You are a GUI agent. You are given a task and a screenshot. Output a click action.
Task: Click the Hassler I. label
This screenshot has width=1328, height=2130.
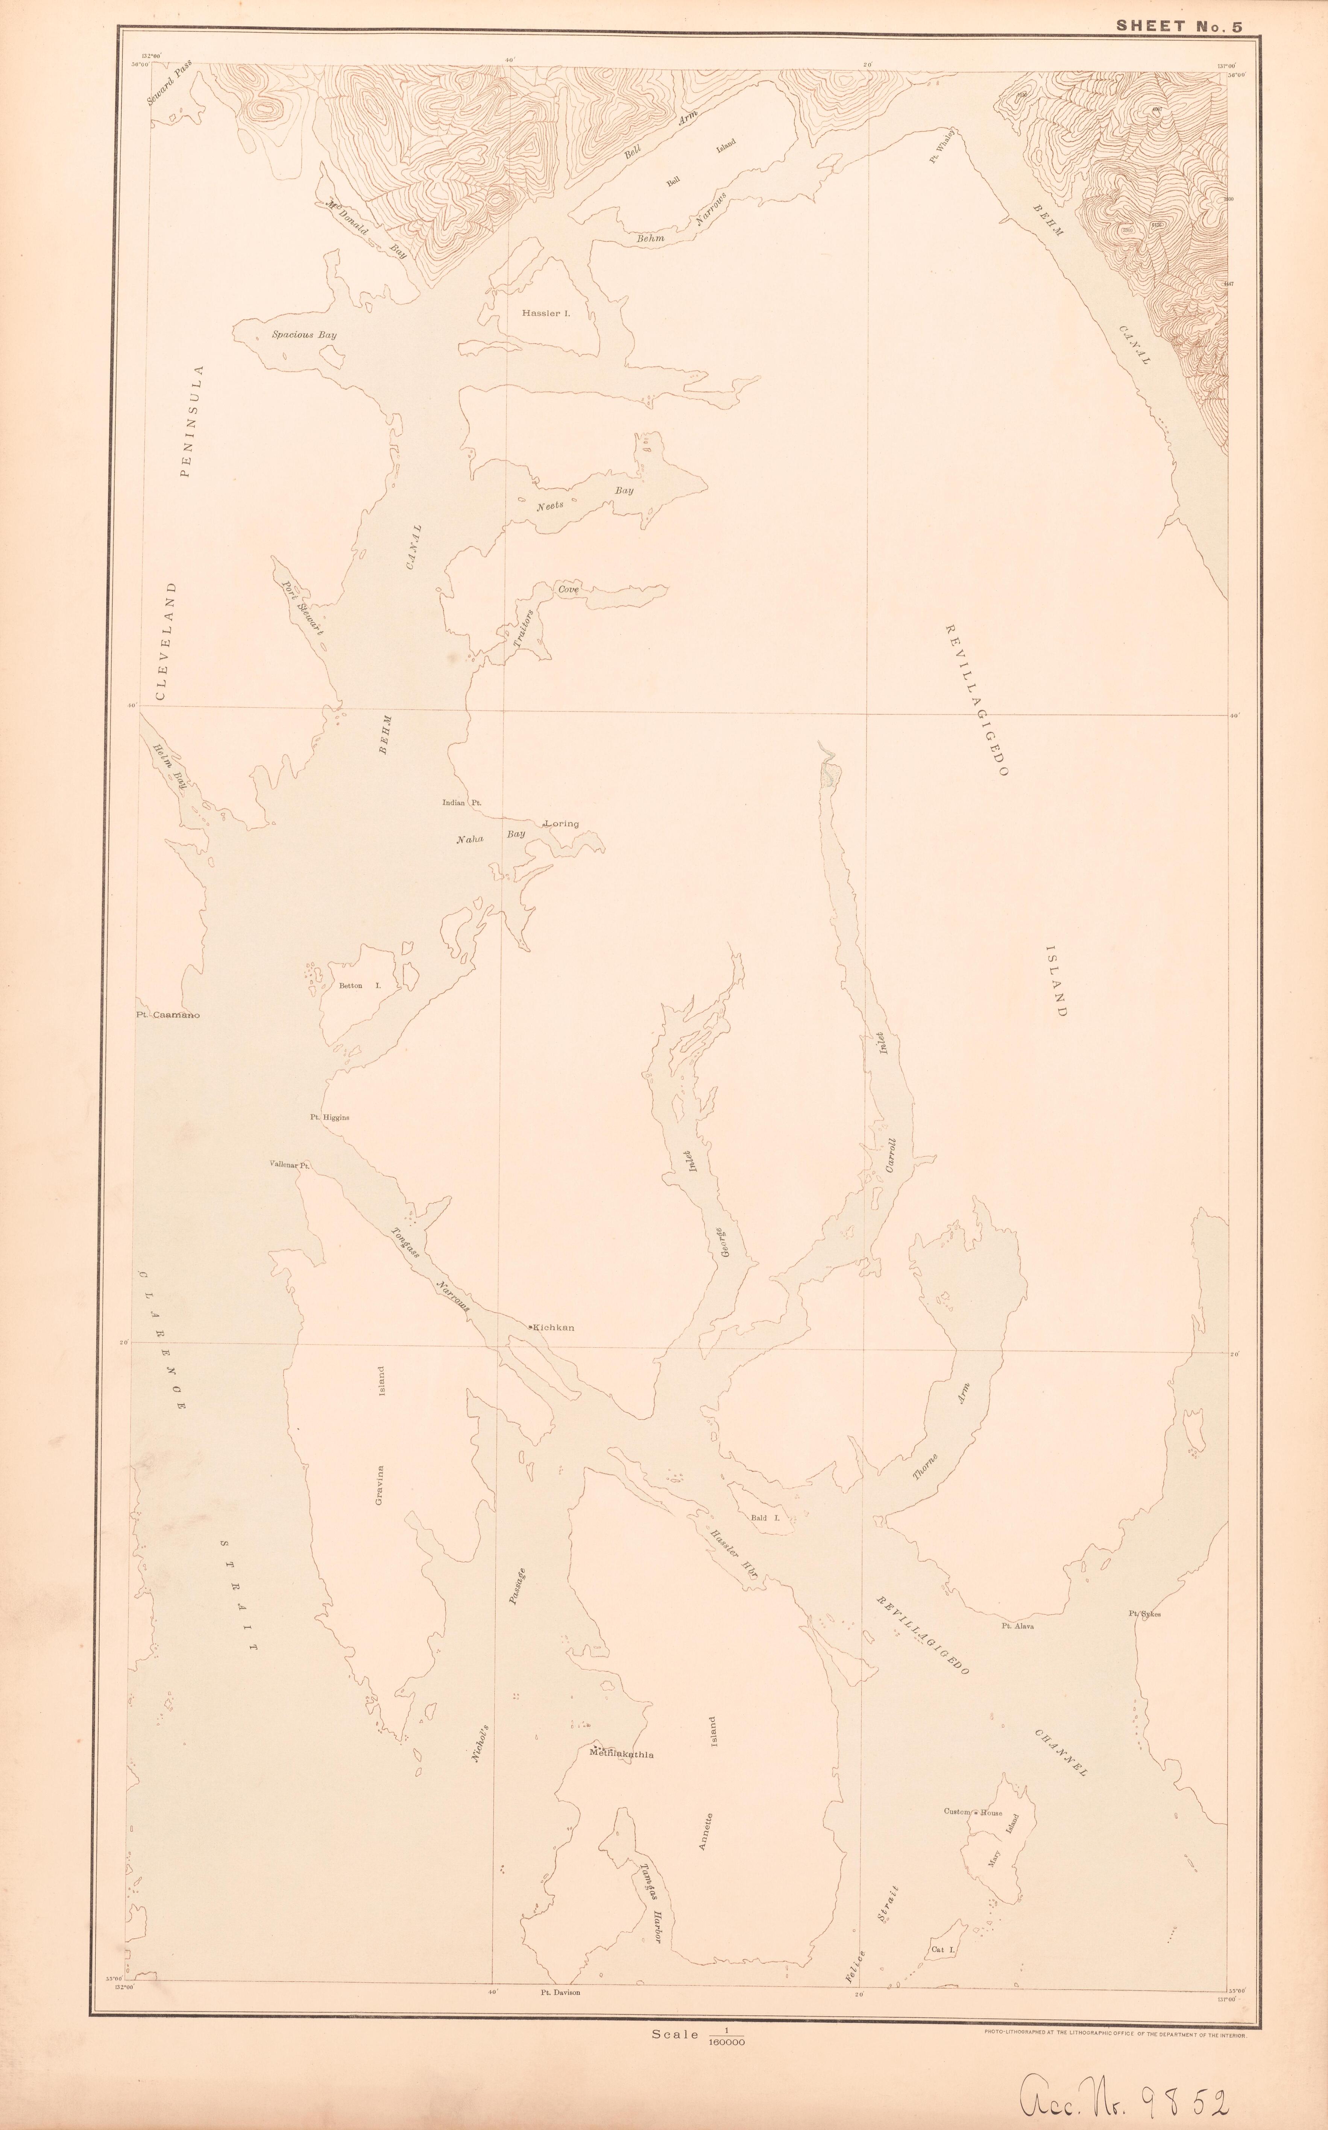pyautogui.click(x=545, y=313)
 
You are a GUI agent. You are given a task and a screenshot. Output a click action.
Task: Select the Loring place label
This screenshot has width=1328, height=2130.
pyautogui.click(x=562, y=824)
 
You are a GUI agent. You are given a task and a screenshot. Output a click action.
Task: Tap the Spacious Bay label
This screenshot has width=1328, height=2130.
pyautogui.click(x=304, y=335)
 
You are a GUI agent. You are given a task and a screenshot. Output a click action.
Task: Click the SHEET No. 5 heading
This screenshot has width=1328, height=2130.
pyautogui.click(x=1179, y=26)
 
